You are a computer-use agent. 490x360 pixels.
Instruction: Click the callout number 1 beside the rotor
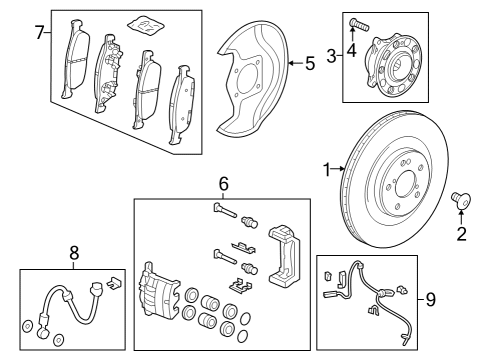pos(326,171)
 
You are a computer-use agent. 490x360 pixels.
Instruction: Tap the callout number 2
pos(461,235)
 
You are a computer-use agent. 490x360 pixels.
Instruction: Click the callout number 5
pos(309,65)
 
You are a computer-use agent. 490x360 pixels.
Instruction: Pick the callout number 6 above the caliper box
pos(224,183)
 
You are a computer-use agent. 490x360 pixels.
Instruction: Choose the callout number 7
pos(39,33)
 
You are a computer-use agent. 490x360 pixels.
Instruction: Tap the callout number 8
pos(73,255)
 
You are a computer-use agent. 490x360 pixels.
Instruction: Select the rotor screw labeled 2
pos(461,201)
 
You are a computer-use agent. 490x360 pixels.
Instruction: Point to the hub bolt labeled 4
pos(357,22)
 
